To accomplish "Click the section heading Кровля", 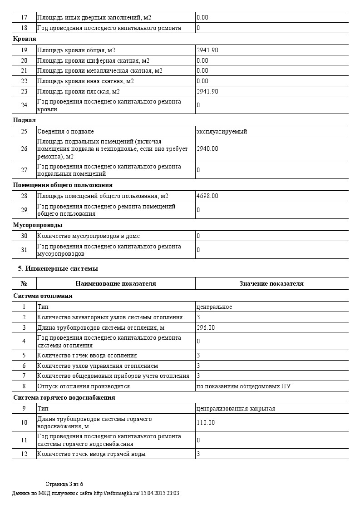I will pyautogui.click(x=25, y=39).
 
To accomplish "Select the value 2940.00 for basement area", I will pyautogui.click(x=207, y=149).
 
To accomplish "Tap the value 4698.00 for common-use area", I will pyautogui.click(x=207, y=196).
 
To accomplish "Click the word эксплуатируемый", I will pyautogui.click(x=222, y=132).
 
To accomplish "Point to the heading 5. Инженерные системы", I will pyautogui.click(x=58, y=268).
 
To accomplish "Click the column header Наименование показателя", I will pyautogui.click(x=116, y=284).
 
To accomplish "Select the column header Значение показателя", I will pyautogui.click(x=271, y=284).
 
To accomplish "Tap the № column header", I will pyautogui.click(x=24, y=284).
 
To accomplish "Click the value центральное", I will pyautogui.click(x=214, y=307).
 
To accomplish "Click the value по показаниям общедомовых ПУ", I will pyautogui.click(x=243, y=386).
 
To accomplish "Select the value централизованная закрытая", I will pyautogui.click(x=236, y=409).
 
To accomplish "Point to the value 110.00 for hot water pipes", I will pyautogui.click(x=206, y=423).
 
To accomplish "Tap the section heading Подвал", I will pyautogui.click(x=25, y=120).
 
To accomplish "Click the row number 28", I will pyautogui.click(x=24, y=196).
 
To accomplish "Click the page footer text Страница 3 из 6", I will pyautogui.click(x=64, y=484).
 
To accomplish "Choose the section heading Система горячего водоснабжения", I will pyautogui.click(x=64, y=398).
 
